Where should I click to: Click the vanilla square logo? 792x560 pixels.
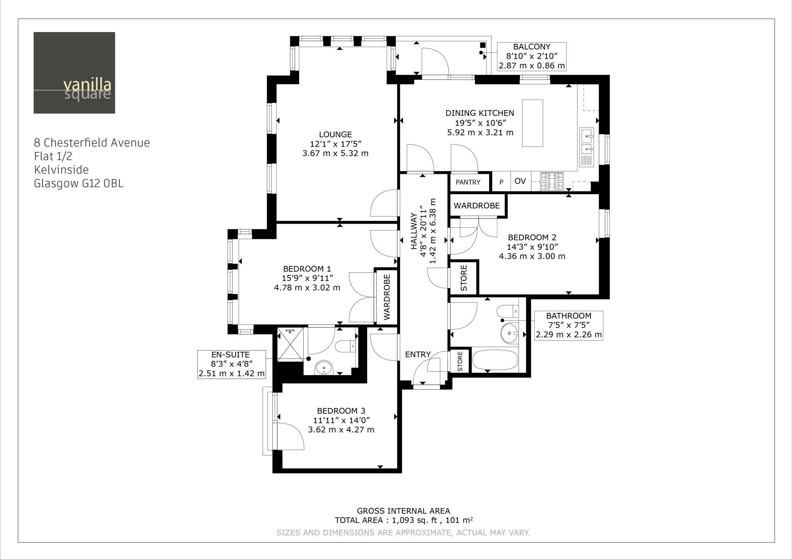[x=74, y=73]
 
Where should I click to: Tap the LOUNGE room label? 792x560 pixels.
[x=335, y=135]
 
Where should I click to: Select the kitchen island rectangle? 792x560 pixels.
[x=532, y=123]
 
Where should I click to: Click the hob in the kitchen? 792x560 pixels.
[x=552, y=182]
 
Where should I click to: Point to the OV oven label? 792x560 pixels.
[x=520, y=181]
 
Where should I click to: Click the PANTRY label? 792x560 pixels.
[x=468, y=182]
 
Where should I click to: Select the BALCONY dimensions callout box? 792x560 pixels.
[x=532, y=56]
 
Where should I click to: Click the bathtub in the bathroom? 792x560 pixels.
[x=495, y=360]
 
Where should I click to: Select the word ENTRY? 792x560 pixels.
[x=418, y=355]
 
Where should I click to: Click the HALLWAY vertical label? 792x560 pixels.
[x=414, y=231]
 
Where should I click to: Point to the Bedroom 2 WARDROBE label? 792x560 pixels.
[x=476, y=206]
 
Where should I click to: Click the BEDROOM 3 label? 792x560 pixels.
[x=341, y=411]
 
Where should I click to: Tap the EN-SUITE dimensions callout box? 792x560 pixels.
[x=231, y=364]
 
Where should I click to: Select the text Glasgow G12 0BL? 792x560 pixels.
[x=79, y=183]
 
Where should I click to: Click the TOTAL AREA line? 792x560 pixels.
[x=404, y=520]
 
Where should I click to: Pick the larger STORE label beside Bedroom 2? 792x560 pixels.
[x=464, y=278]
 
